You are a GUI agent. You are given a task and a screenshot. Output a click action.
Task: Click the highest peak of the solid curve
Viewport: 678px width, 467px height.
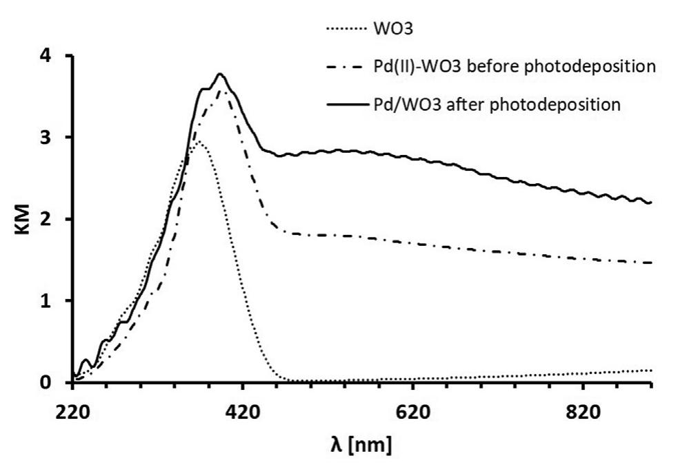pos(220,74)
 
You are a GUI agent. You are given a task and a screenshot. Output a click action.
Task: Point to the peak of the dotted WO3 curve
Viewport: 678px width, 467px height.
pos(198,141)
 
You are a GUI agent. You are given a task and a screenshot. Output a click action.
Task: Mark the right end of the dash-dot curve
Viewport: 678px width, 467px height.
pos(650,262)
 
